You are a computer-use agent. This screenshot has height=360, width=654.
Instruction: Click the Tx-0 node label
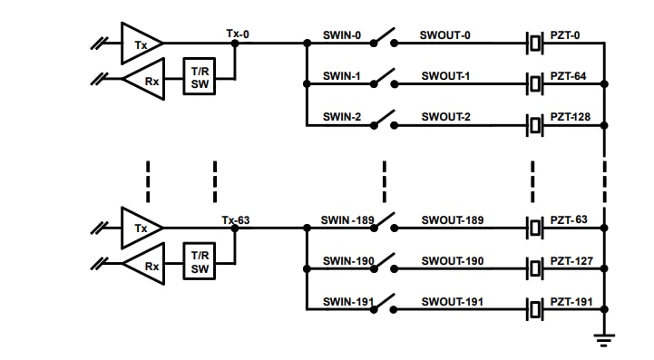pos(238,34)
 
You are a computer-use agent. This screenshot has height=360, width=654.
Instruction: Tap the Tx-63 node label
pos(235,220)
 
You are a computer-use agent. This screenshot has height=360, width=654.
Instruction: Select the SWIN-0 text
pos(342,35)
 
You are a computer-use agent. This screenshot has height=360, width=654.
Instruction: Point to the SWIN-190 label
pos(347,261)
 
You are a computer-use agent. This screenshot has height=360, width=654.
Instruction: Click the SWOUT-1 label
pos(445,76)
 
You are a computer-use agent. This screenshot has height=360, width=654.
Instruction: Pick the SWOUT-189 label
pos(452,220)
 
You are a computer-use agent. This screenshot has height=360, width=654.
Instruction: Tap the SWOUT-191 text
pos(452,302)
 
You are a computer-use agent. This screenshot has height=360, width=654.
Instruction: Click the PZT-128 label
pos(571,118)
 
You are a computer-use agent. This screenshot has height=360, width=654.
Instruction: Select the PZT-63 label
pos(569,220)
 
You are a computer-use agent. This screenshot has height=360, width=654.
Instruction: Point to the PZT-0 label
pos(563,35)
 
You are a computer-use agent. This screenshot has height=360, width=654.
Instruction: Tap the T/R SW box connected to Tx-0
pos(199,76)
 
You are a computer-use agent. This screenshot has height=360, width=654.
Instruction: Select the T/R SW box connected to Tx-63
pos(199,261)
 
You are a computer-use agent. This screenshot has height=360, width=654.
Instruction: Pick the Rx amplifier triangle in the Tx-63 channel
pos(142,267)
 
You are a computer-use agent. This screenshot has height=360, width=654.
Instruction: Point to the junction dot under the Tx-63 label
pos(235,229)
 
